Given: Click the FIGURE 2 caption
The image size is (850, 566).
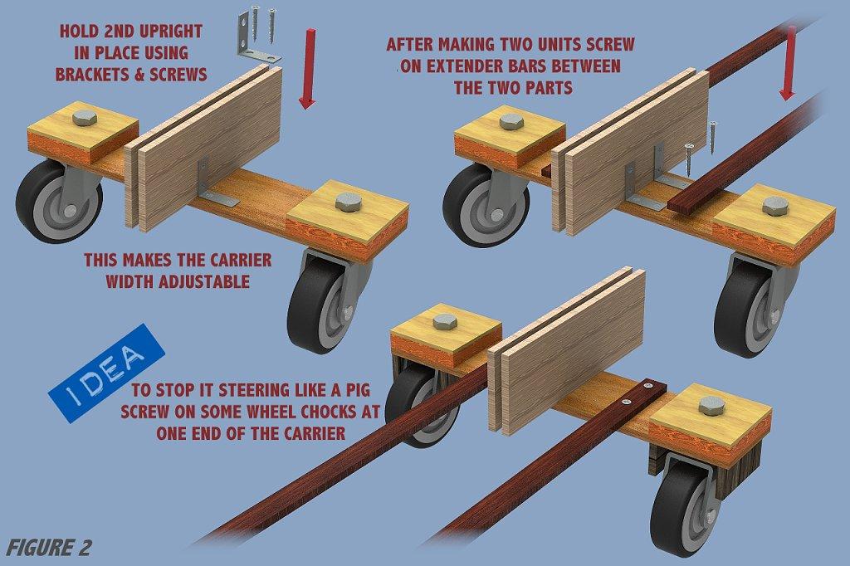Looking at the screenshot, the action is [x=49, y=548].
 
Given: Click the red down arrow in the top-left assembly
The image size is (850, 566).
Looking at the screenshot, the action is [x=309, y=68].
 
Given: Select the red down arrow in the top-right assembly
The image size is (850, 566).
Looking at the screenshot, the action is [x=789, y=63].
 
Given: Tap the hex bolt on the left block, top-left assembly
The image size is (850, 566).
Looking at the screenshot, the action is [x=84, y=118].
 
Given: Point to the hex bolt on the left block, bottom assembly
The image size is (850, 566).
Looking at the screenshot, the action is [x=446, y=322].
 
